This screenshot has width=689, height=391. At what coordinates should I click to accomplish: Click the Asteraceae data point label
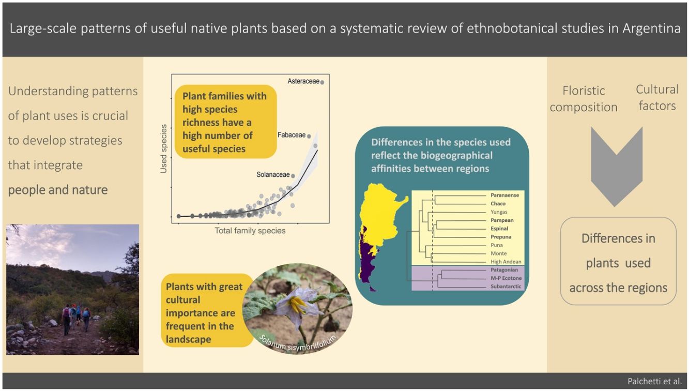click(x=302, y=81)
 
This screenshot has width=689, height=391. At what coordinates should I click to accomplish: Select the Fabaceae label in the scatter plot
click(x=292, y=136)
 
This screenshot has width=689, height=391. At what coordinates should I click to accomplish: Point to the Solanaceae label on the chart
click(x=273, y=175)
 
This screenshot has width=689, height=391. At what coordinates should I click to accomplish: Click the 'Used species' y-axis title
click(x=164, y=148)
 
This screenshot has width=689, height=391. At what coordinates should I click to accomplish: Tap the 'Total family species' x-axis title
click(x=250, y=231)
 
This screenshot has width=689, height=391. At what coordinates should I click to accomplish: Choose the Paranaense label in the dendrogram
click(x=504, y=195)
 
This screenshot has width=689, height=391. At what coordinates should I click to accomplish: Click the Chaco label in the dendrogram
click(x=498, y=204)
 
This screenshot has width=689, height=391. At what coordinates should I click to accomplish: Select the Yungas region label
click(x=499, y=212)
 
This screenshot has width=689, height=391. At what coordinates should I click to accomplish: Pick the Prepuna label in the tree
click(x=500, y=237)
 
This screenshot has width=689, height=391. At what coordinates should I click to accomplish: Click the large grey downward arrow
click(x=616, y=166)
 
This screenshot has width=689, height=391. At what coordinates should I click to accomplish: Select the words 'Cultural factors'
click(x=657, y=97)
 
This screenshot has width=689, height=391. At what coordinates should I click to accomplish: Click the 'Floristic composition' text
click(x=584, y=99)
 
